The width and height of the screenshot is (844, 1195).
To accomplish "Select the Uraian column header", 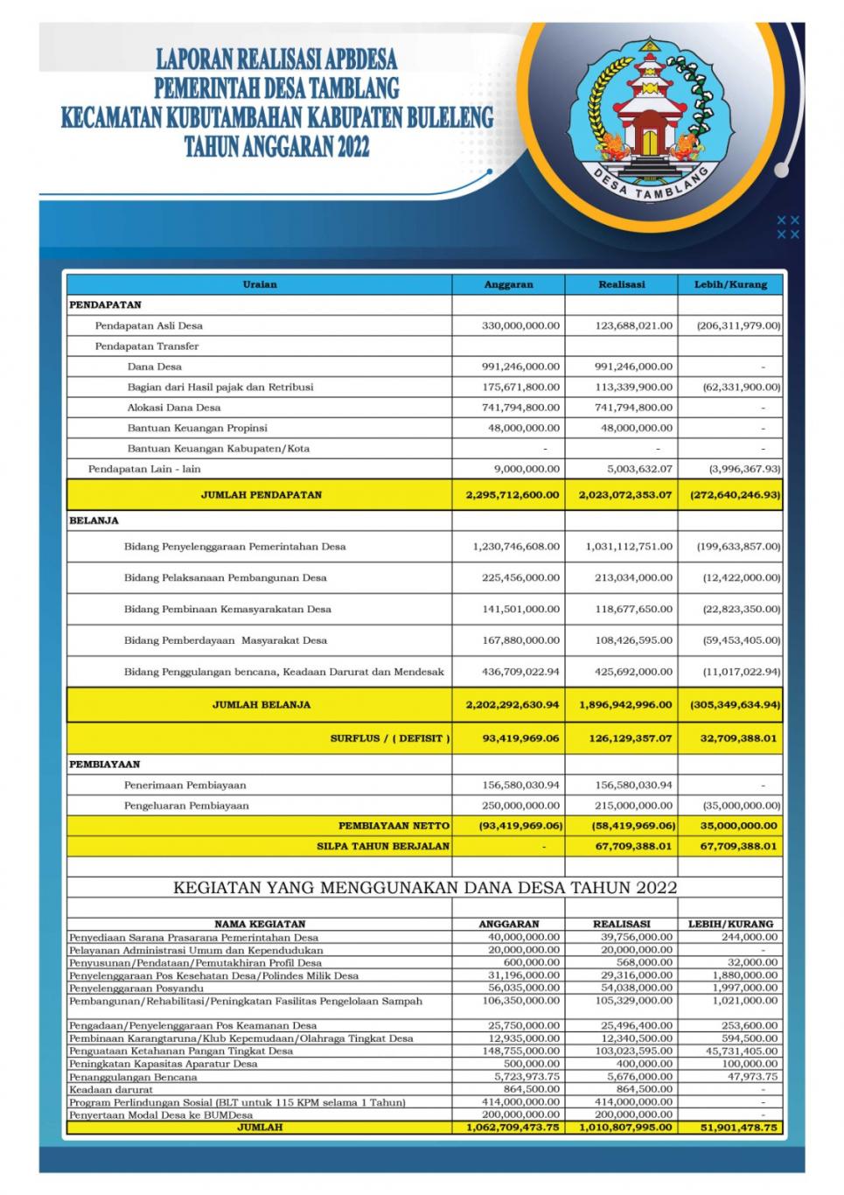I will point(260,284).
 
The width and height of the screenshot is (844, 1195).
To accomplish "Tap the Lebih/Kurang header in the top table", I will point(730,284).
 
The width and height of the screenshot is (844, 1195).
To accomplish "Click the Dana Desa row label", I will point(155,367).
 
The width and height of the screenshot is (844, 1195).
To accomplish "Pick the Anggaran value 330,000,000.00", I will point(520,325).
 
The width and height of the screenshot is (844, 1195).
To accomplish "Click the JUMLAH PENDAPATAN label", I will point(261,494).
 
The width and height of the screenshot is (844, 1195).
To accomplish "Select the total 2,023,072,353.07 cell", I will point(624,494).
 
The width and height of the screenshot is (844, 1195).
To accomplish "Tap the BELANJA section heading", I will point(94,521).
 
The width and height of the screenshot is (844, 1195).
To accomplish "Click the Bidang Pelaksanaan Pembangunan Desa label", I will point(226,577).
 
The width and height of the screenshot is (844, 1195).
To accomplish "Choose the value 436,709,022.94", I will point(520,672).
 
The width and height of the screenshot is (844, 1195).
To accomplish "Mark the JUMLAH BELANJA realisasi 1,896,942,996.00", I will point(624,704).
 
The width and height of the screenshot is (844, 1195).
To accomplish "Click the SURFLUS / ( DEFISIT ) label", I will point(390,738).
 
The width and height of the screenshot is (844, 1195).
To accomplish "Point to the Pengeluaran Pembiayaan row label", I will point(186,806).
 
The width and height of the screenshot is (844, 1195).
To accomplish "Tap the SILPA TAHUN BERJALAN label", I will point(383,846).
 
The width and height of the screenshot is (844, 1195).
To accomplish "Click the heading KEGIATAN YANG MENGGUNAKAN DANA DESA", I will point(425,888).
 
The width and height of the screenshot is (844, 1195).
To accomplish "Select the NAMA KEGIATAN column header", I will point(260,924).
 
